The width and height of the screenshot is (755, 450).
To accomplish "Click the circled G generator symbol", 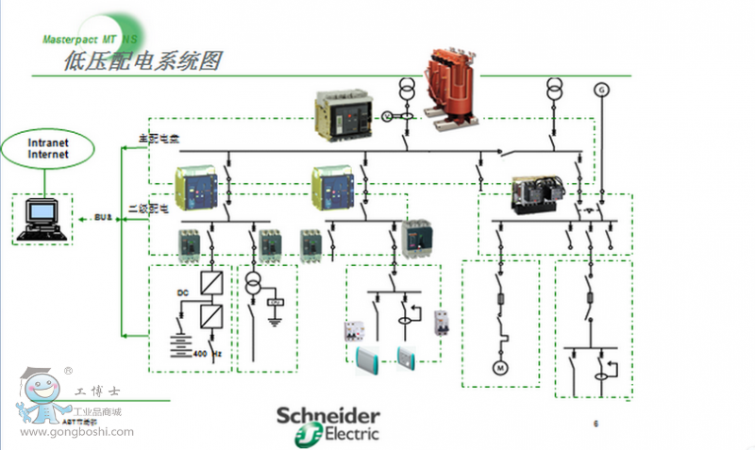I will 601,90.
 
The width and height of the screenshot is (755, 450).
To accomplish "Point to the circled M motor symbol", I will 501,366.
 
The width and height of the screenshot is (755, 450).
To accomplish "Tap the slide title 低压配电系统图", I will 142,62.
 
